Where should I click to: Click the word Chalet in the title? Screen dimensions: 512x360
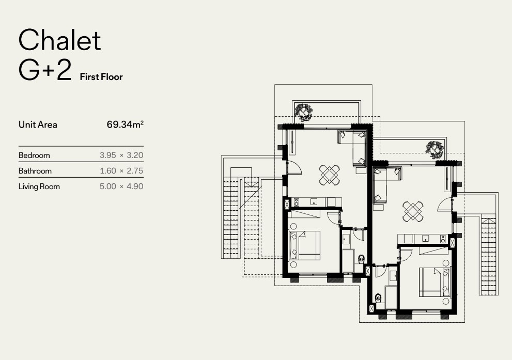coord(59,40)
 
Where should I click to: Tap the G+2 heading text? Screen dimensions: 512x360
coord(45,70)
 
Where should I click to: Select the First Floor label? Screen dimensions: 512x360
coord(101,77)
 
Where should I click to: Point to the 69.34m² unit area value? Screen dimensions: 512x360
coord(125,124)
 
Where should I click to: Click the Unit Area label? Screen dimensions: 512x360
coord(38,124)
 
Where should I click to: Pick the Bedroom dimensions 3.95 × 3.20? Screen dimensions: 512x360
coord(121,155)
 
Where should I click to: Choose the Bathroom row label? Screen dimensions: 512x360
coord(35,170)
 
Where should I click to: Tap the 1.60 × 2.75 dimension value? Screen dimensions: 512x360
coord(121,170)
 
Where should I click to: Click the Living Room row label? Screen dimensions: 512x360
coord(39,186)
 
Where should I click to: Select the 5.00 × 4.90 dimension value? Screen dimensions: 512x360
coord(121,186)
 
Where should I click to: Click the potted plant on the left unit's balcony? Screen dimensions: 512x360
coord(304,112)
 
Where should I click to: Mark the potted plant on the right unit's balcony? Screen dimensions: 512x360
coord(435,149)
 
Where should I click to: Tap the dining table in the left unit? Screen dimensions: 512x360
coord(329,175)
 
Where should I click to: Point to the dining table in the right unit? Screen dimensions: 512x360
coord(413,211)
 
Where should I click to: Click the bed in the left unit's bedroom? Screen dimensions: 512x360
coord(304,245)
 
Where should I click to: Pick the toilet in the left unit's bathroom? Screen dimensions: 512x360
coord(361,259)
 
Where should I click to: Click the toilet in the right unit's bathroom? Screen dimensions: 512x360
coord(378,298)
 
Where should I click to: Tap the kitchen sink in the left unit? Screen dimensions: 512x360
coord(314,202)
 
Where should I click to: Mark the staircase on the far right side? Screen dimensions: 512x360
coord(489,256)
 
